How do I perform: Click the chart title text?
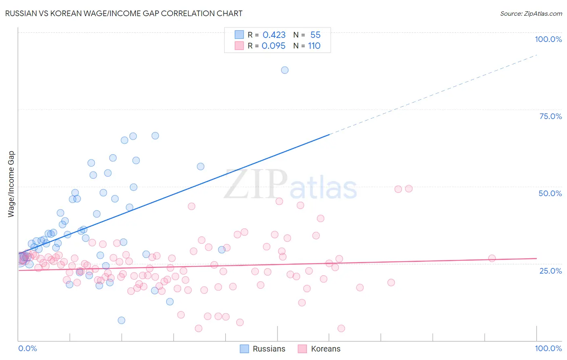123,13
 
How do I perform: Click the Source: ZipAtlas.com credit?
531,13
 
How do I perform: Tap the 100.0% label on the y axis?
548,39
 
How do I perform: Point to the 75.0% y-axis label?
550,116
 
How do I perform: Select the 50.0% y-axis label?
550,193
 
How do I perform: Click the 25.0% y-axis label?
550,270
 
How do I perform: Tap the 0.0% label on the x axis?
27,348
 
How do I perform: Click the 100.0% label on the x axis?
548,348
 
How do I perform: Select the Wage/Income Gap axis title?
11,184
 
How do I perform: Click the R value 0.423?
274,35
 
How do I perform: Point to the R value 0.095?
273,46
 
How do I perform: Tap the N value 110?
314,46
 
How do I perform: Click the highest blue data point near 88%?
285,70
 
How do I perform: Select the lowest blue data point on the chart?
121,320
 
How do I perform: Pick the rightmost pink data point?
492,258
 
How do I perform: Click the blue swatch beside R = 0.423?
239,35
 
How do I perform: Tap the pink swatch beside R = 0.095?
239,46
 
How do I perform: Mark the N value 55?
315,35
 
